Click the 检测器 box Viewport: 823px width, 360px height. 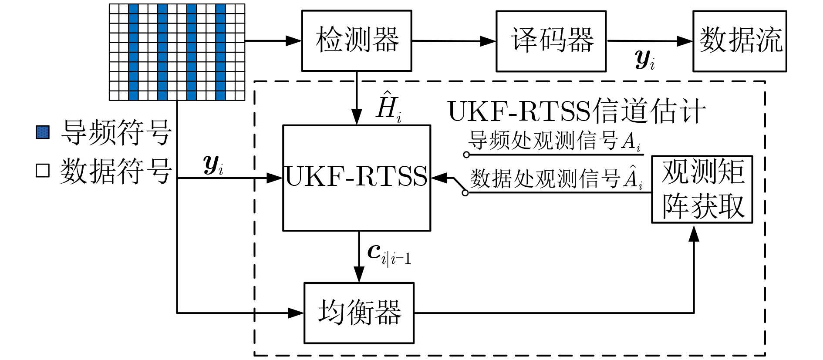tap(357, 40)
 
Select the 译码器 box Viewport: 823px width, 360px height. tap(551, 41)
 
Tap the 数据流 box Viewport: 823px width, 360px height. tap(739, 41)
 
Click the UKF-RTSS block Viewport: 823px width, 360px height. tap(357, 178)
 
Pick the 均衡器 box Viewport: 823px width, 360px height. tap(359, 313)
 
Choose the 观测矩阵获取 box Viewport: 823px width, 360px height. tap(702, 189)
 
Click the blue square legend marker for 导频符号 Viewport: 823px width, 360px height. tap(43, 132)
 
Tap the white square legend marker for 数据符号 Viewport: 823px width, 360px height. tap(43, 170)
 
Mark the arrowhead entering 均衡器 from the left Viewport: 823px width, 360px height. tap(296, 313)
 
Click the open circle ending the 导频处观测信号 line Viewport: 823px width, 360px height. tap(466, 155)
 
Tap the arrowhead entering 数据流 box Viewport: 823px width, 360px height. tap(685, 41)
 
